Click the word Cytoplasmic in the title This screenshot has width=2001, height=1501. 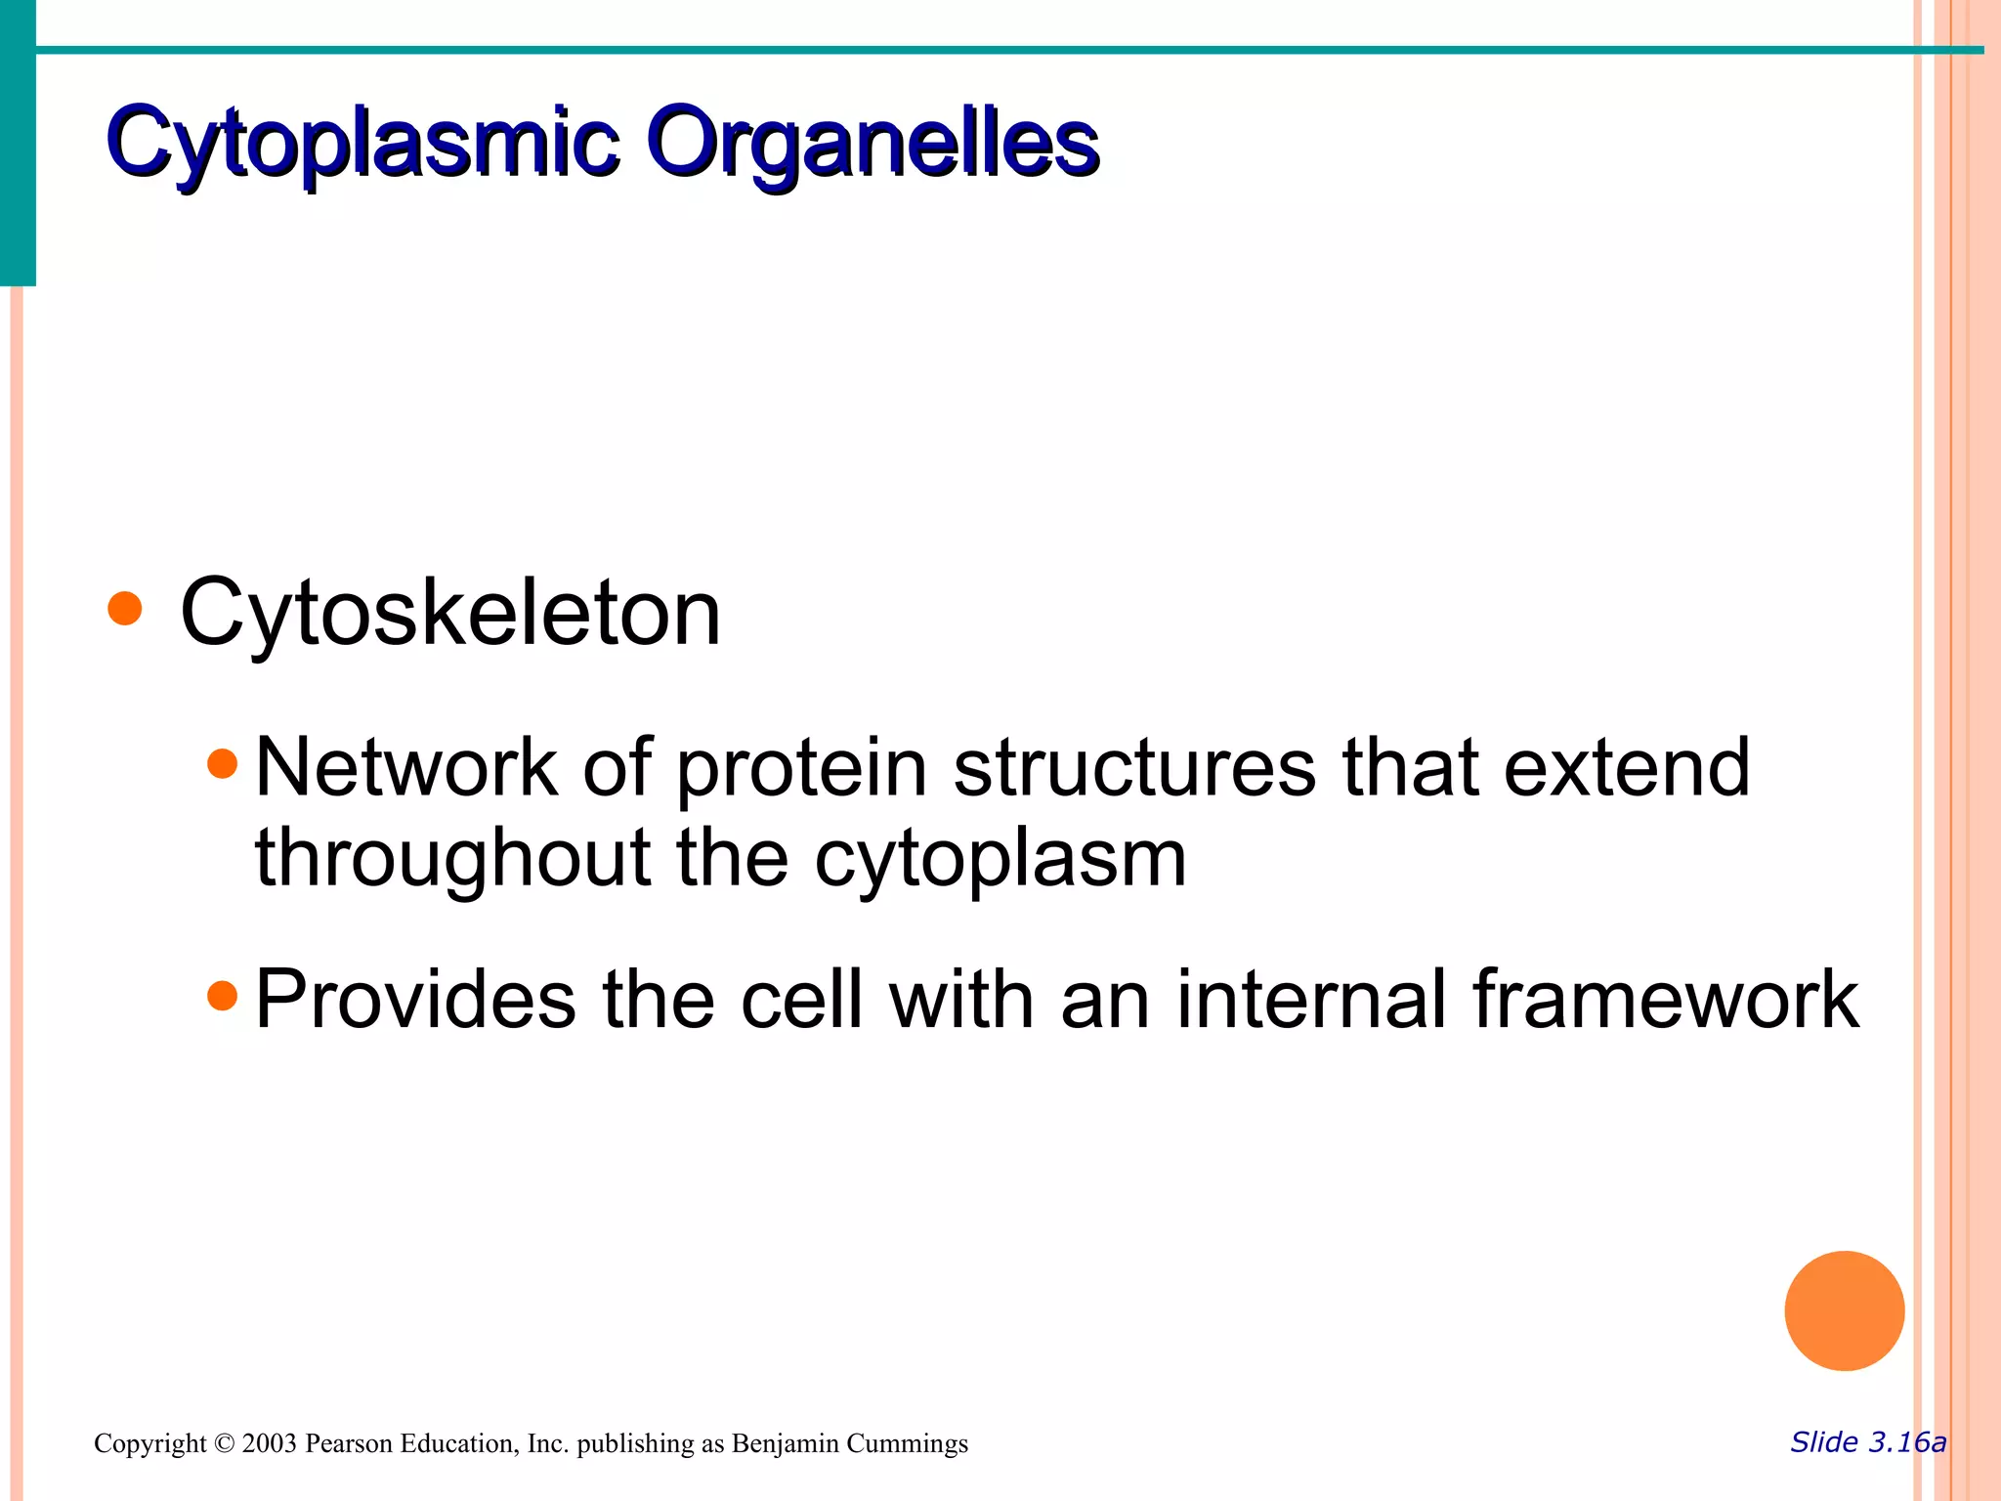point(362,144)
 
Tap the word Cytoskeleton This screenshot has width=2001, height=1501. point(450,614)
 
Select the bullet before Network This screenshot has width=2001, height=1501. point(223,762)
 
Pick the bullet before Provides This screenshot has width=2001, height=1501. point(223,995)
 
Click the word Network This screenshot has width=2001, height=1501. point(405,768)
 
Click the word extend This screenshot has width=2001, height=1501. point(1627,768)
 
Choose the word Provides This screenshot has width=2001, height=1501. point(415,1000)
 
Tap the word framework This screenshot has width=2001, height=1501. point(1666,1000)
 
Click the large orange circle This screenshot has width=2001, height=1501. point(1844,1310)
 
